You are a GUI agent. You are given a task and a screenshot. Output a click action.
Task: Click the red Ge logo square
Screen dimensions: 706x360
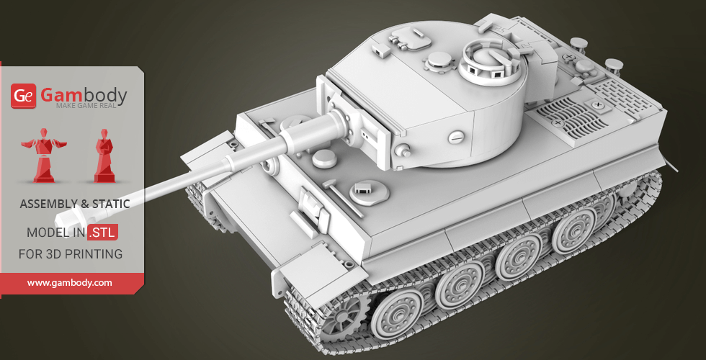(23, 96)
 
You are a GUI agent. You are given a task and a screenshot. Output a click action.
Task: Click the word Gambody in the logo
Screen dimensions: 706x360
(84, 95)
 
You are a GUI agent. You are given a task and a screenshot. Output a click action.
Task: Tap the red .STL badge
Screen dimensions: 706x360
(103, 232)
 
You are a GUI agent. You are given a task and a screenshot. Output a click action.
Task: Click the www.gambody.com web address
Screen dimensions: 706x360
(69, 283)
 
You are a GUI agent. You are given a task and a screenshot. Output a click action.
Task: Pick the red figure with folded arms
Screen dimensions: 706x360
(104, 156)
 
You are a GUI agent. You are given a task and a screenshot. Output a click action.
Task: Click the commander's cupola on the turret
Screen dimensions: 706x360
(494, 63)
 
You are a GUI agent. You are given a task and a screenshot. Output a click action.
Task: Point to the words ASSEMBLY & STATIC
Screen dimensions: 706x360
(75, 204)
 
